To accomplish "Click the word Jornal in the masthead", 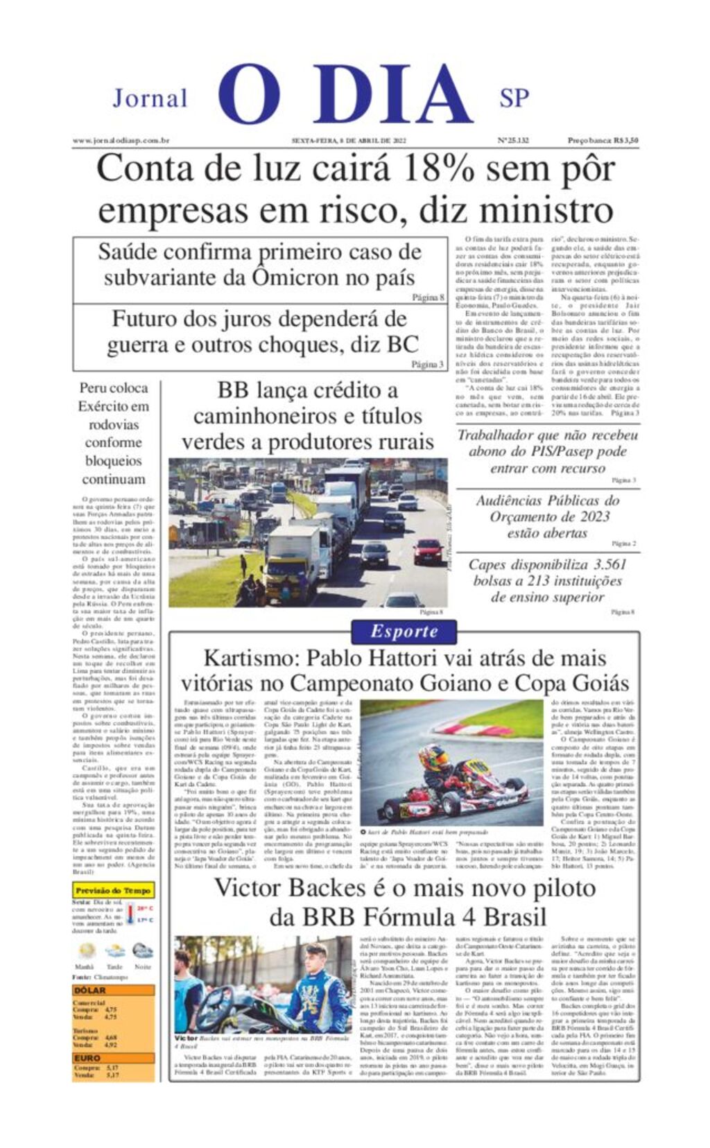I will click(150, 98).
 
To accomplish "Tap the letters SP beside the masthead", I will click(514, 98).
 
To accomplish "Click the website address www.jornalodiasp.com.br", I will click(121, 141).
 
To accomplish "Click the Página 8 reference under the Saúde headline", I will click(428, 297).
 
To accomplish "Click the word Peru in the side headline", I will click(94, 388).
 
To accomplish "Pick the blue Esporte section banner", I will click(404, 632).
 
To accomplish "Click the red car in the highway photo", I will click(427, 553).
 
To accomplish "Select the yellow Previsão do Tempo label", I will click(113, 890).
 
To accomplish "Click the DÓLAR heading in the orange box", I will click(90, 991).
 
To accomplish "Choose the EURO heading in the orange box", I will click(88, 1059).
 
